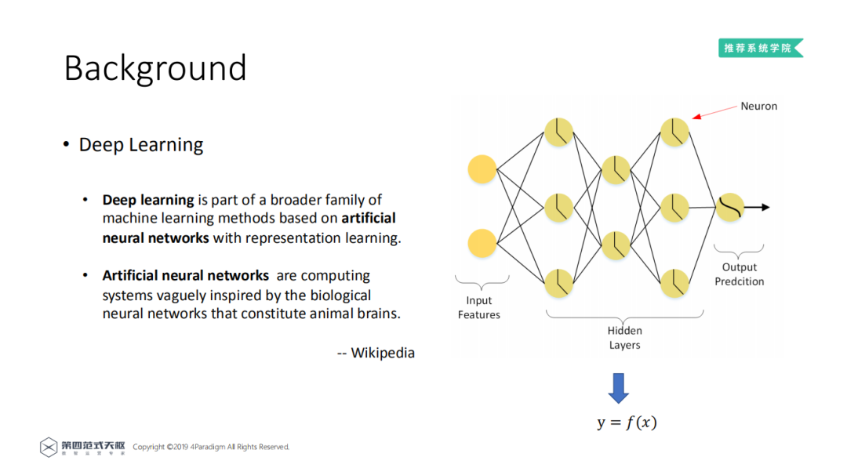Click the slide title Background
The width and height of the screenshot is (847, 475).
click(x=154, y=68)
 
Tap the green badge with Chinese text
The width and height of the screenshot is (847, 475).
click(x=760, y=48)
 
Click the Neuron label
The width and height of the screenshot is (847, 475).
click(x=758, y=106)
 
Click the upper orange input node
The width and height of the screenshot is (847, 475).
click(x=482, y=169)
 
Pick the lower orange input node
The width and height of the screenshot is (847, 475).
click(x=482, y=243)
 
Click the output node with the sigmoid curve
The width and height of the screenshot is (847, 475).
click(x=729, y=207)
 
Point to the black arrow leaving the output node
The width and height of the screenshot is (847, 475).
click(x=757, y=207)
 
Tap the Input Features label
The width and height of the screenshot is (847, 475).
click(x=478, y=307)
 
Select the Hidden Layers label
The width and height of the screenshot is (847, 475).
click(x=624, y=338)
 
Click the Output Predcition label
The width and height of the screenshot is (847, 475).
click(x=739, y=274)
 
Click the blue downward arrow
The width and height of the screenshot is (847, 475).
click(x=619, y=387)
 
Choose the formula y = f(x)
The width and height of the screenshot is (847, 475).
click(x=627, y=422)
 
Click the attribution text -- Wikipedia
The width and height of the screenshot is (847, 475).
click(x=376, y=353)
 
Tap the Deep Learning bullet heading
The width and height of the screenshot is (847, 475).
click(x=140, y=145)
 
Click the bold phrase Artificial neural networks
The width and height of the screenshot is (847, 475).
click(x=185, y=276)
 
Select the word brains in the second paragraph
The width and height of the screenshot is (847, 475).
click(x=379, y=314)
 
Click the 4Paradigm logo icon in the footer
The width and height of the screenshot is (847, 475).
click(x=49, y=447)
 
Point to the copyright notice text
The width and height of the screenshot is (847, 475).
click(x=211, y=447)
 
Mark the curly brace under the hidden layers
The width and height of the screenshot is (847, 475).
click(x=624, y=316)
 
